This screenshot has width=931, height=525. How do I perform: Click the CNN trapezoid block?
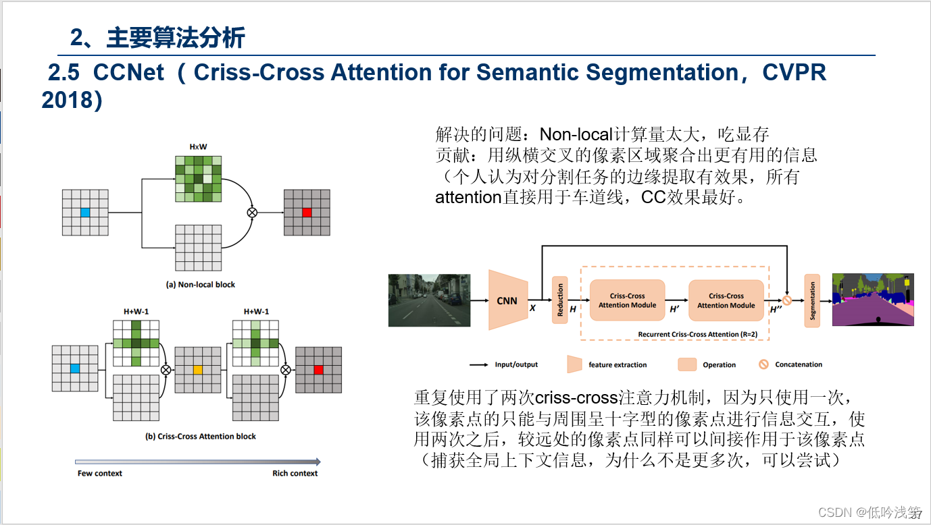pyautogui.click(x=507, y=300)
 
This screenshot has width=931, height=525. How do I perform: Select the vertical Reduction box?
pyautogui.click(x=559, y=300)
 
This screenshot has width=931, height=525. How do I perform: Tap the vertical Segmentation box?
pyautogui.click(x=812, y=300)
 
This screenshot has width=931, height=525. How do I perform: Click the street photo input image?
pyautogui.click(x=429, y=300)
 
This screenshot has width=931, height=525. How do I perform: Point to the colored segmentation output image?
pyautogui.click(x=873, y=300)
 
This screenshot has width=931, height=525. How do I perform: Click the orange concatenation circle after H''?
pyautogui.click(x=787, y=300)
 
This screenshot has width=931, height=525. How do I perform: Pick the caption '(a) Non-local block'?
pyautogui.click(x=201, y=285)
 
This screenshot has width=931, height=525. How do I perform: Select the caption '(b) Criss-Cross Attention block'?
pyautogui.click(x=201, y=437)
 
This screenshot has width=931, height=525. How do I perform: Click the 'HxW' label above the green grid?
pyautogui.click(x=198, y=146)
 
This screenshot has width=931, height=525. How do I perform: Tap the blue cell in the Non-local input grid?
pyautogui.click(x=85, y=213)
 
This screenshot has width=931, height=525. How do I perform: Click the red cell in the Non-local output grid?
pyautogui.click(x=307, y=213)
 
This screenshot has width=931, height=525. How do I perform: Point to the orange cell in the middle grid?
pyautogui.click(x=198, y=370)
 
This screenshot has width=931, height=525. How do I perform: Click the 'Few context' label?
pyautogui.click(x=100, y=474)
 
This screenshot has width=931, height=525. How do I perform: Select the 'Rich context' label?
pyautogui.click(x=295, y=474)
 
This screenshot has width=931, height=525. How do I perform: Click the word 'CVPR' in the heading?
pyautogui.click(x=795, y=73)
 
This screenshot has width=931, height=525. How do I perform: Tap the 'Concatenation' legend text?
pyautogui.click(x=799, y=364)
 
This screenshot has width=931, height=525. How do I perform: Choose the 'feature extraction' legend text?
pyautogui.click(x=618, y=365)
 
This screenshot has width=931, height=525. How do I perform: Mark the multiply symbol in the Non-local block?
pyautogui.click(x=253, y=212)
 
